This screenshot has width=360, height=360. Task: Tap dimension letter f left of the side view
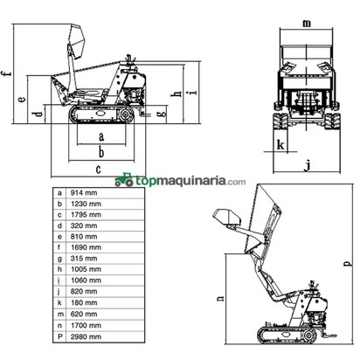coord(6,72)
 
